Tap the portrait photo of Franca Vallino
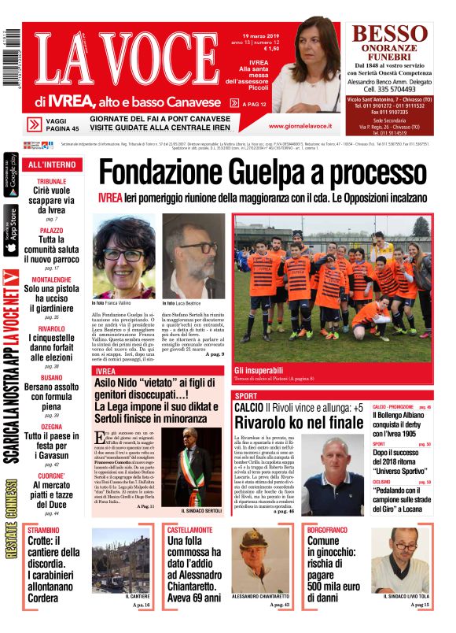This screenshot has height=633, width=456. (x=124, y=256)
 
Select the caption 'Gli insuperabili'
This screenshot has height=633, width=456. (x=259, y=369)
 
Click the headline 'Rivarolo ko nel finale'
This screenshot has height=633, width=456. (x=287, y=422)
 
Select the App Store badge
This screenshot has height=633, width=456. (x=11, y=230)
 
